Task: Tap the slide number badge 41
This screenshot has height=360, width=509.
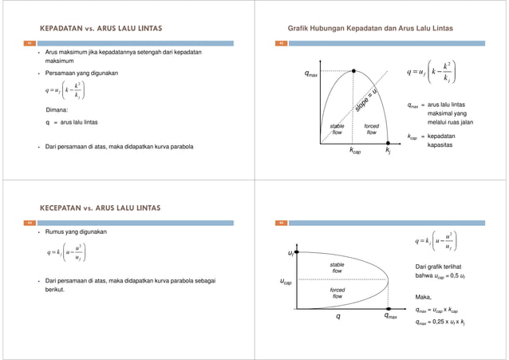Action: (30, 42)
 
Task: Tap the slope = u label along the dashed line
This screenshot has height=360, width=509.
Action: (367, 104)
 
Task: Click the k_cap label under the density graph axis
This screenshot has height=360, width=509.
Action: (354, 149)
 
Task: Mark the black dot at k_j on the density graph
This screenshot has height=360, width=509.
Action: (388, 143)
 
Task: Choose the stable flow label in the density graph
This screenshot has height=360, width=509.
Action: (337, 129)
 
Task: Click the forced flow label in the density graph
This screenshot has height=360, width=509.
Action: (371, 129)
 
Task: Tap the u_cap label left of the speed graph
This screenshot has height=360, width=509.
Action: (285, 282)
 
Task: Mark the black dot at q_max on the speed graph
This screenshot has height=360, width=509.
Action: (388, 309)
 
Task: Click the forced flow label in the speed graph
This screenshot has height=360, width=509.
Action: (337, 293)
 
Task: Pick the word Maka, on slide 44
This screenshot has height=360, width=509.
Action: (423, 297)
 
